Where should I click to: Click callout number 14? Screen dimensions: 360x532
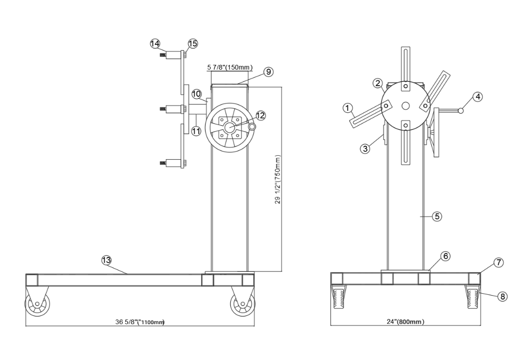tap(155, 44)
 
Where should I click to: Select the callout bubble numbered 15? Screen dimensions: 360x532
tap(192, 44)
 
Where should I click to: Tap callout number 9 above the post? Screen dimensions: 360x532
tap(268, 72)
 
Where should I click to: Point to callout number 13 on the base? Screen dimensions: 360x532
tap(106, 260)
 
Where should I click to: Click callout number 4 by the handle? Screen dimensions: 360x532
tap(477, 97)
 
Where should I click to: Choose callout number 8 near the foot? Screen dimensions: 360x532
tap(502, 297)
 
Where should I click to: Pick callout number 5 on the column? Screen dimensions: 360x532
tap(436, 217)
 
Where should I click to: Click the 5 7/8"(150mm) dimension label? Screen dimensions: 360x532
tap(230, 67)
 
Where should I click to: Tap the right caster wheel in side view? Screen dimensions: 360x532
tap(243, 305)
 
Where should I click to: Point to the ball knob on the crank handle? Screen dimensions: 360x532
tap(460, 111)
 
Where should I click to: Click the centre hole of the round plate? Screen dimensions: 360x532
tap(405, 105)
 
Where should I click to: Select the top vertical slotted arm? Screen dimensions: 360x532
tap(405, 65)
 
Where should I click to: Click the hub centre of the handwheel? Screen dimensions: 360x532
tap(229, 128)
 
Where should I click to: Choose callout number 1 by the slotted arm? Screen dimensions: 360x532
tap(347, 108)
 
